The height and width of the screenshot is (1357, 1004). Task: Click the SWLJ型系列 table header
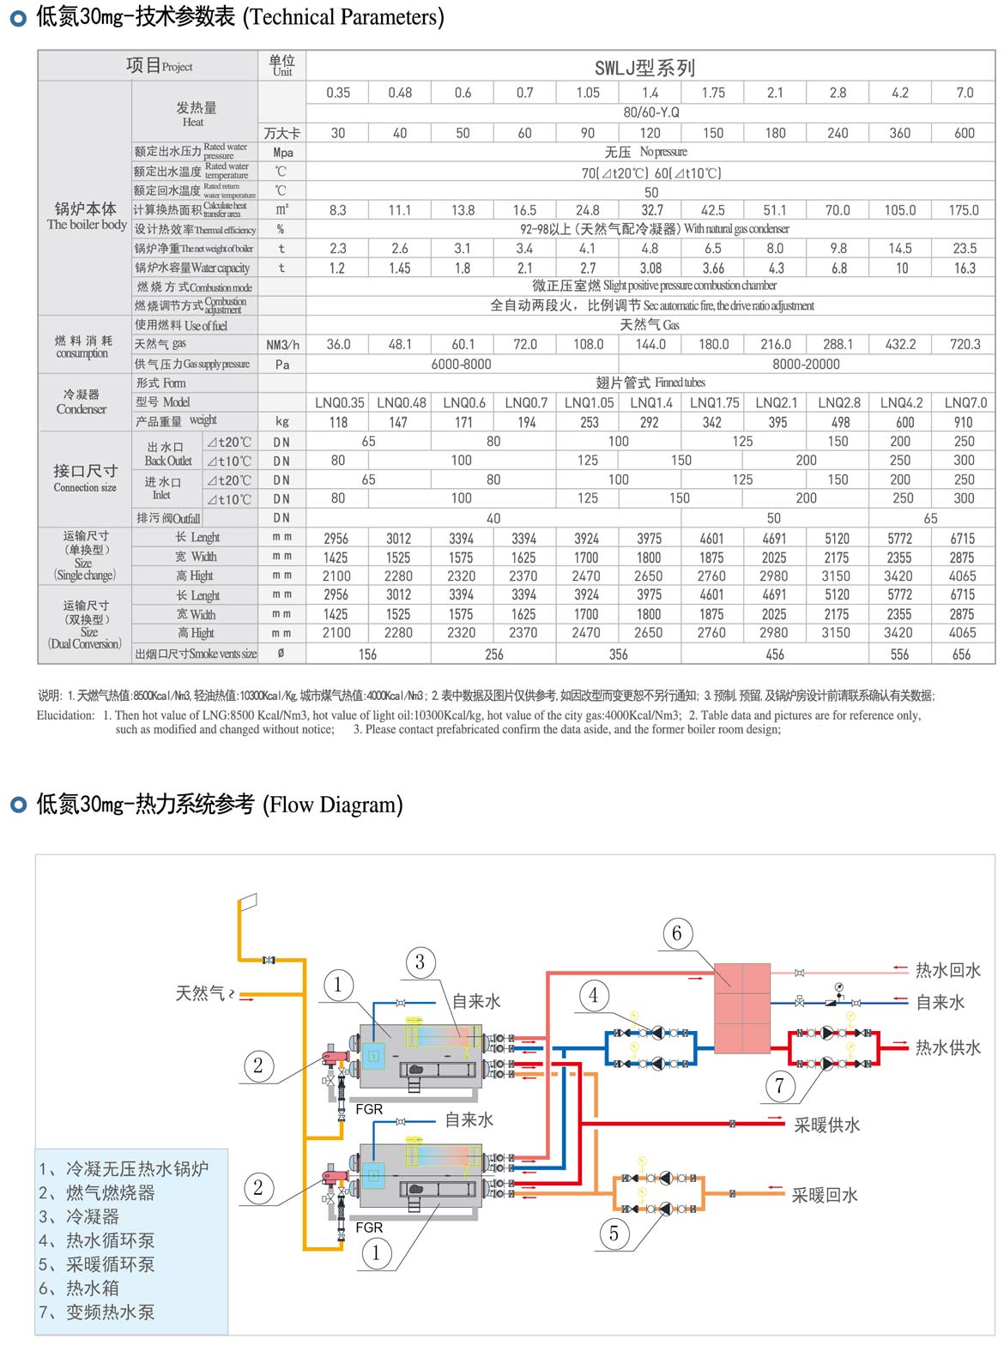click(644, 68)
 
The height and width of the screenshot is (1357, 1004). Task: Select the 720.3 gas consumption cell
click(965, 344)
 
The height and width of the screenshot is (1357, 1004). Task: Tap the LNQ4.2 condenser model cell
click(901, 402)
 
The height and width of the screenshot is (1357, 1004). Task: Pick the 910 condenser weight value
click(964, 422)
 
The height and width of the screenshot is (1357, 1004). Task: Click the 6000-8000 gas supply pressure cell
click(461, 364)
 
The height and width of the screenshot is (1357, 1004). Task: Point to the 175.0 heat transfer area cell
click(964, 210)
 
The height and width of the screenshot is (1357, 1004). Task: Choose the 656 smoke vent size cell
click(961, 654)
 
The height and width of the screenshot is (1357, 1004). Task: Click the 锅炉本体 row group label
click(85, 210)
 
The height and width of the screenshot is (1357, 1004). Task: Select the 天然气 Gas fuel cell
click(650, 325)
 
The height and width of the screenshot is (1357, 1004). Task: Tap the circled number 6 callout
click(677, 933)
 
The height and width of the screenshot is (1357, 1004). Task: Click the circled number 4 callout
click(594, 996)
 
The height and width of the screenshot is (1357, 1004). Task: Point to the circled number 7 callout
click(779, 1086)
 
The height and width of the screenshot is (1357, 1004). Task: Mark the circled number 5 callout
click(614, 1233)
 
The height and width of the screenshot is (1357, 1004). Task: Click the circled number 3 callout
click(420, 962)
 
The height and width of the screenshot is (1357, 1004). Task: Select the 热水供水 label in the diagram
click(947, 1047)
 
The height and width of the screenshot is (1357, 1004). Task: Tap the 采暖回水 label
click(825, 1195)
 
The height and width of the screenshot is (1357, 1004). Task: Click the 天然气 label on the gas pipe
click(200, 993)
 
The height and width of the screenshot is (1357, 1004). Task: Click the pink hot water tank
click(742, 1007)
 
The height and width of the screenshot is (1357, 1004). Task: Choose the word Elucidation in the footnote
click(65, 715)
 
